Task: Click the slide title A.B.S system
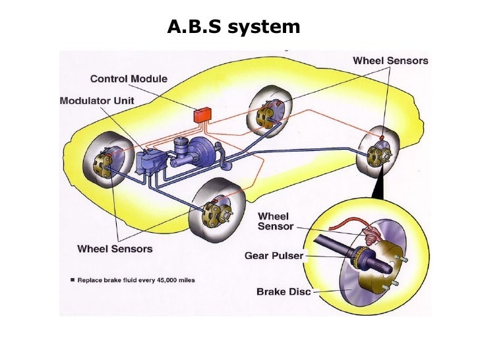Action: [x=234, y=27]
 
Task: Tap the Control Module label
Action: [x=129, y=79]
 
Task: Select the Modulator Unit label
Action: [x=97, y=102]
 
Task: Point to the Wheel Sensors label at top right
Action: [x=390, y=61]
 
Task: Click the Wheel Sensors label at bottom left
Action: [x=115, y=249]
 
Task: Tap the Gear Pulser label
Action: [x=274, y=255]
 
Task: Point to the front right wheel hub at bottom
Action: [x=216, y=211]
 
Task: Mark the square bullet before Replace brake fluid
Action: [x=73, y=280]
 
